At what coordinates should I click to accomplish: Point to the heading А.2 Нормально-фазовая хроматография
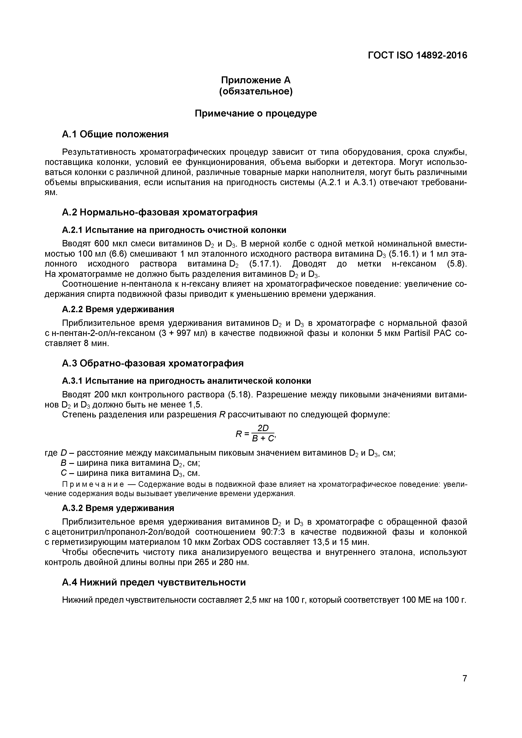(x=159, y=212)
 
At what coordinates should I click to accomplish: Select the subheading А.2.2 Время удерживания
(x=118, y=309)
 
